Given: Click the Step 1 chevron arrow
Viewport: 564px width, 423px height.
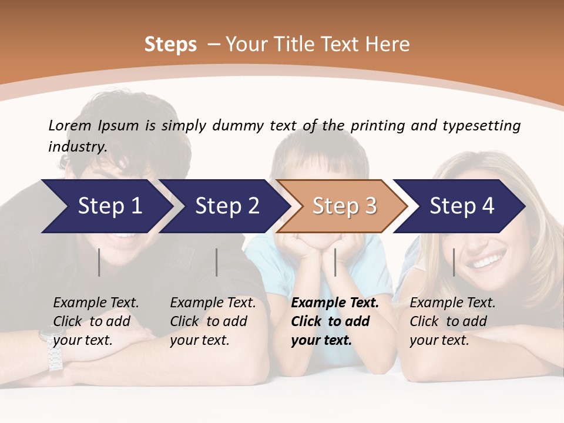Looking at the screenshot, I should coord(106,206).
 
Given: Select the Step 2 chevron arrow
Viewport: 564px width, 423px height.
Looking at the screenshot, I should coord(224,206).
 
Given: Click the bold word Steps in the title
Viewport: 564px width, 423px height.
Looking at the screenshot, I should coord(170,45).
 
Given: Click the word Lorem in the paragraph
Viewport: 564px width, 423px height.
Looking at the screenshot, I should coord(70,125).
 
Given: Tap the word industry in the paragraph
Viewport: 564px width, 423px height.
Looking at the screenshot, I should coord(77,146).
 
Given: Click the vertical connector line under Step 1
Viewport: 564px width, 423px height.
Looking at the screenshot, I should coord(99,262).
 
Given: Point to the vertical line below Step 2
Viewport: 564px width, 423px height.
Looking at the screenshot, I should coord(217,262).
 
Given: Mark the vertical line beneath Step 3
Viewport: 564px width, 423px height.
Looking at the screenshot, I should coord(335,262).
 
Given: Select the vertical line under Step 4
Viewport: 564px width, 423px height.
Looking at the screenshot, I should coord(454,262).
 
